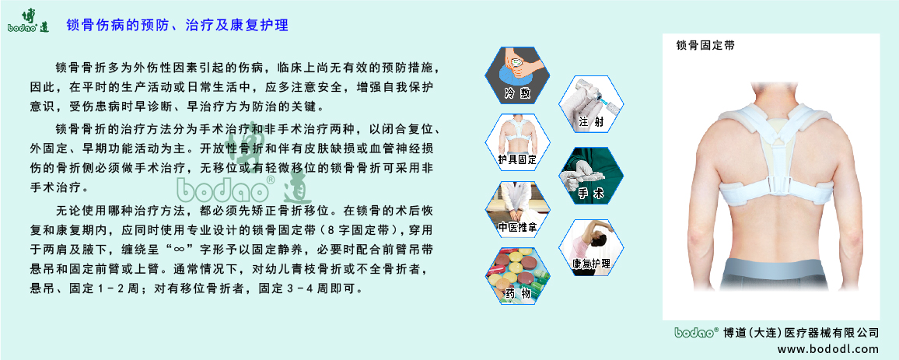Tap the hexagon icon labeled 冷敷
coord(517,75)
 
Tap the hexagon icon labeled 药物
coord(517,276)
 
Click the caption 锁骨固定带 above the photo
coord(705,47)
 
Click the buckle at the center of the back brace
coord(771,186)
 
